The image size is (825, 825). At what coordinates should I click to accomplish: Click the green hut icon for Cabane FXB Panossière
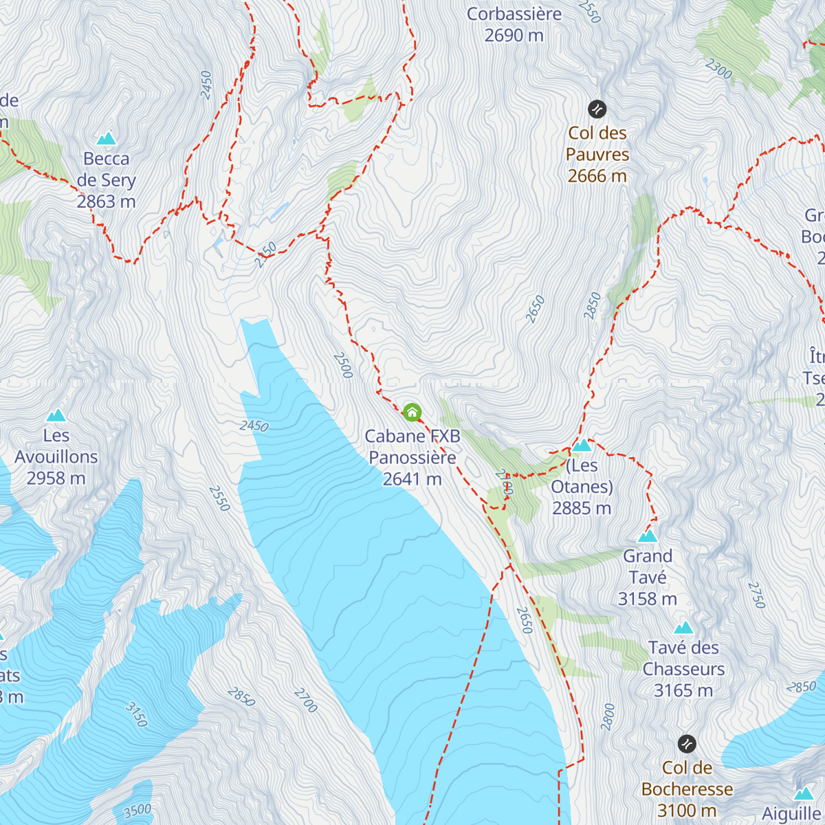click(x=412, y=412)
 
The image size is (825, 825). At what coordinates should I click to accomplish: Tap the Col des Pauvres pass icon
click(x=597, y=109)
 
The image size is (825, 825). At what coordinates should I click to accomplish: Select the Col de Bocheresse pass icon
click(x=687, y=744)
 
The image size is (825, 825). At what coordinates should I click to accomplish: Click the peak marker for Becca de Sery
click(x=106, y=139)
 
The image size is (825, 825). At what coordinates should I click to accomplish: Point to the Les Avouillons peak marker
click(x=56, y=415)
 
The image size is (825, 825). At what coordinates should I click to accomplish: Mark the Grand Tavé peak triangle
click(x=647, y=536)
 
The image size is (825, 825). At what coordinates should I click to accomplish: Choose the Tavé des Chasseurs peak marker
click(x=683, y=628)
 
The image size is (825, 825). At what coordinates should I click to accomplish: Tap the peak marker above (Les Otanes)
click(x=582, y=445)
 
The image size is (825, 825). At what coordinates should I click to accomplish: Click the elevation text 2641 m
click(x=412, y=479)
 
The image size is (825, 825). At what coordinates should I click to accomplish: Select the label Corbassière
click(x=514, y=14)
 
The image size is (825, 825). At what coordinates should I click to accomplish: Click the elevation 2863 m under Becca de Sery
click(x=106, y=202)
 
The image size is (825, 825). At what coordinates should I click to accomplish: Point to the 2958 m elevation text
click(x=56, y=478)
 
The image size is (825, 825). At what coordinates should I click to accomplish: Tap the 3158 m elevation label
click(x=647, y=599)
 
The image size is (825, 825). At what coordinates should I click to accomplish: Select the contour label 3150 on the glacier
click(x=136, y=714)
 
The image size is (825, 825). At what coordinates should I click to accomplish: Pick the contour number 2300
click(x=718, y=69)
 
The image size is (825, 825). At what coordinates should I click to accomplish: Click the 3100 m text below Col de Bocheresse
click(x=687, y=811)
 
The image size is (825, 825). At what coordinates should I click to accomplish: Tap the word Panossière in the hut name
click(x=412, y=458)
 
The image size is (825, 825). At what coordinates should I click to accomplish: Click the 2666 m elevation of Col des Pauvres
click(x=597, y=176)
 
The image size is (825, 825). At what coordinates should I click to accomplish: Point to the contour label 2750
click(x=756, y=595)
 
